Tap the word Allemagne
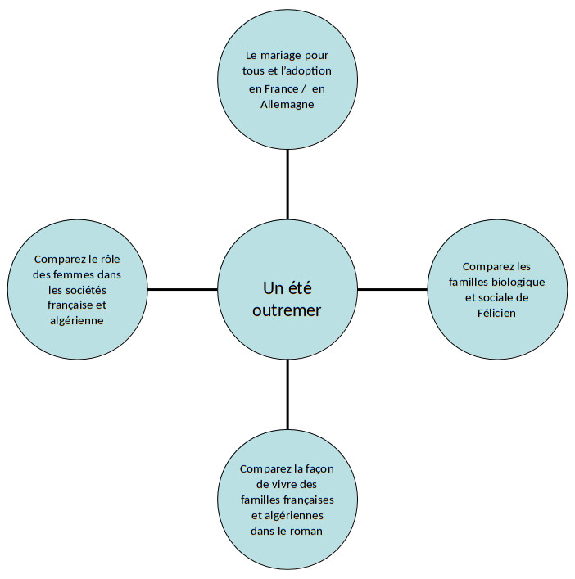pos(287,105)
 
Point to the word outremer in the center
pos(287,310)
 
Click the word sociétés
pos(94,289)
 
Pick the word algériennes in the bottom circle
pos(295,515)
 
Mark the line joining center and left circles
pos(182,289)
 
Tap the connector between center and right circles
pos(392,289)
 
